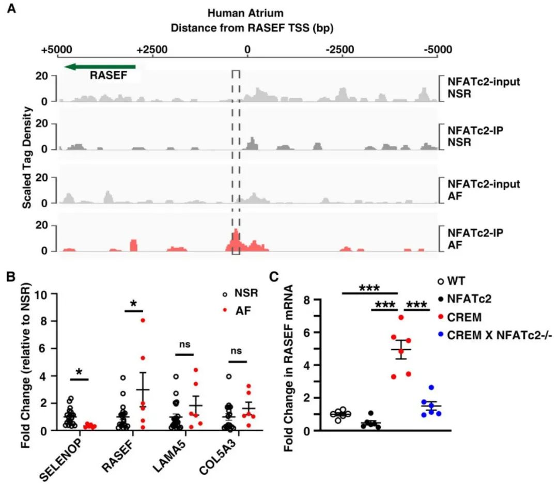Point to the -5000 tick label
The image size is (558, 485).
tap(437, 50)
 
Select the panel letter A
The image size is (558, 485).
tap(10, 9)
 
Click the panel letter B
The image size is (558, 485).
tap(10, 277)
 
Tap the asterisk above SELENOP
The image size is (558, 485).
tap(80, 372)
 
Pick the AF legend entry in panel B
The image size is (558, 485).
tap(237, 310)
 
